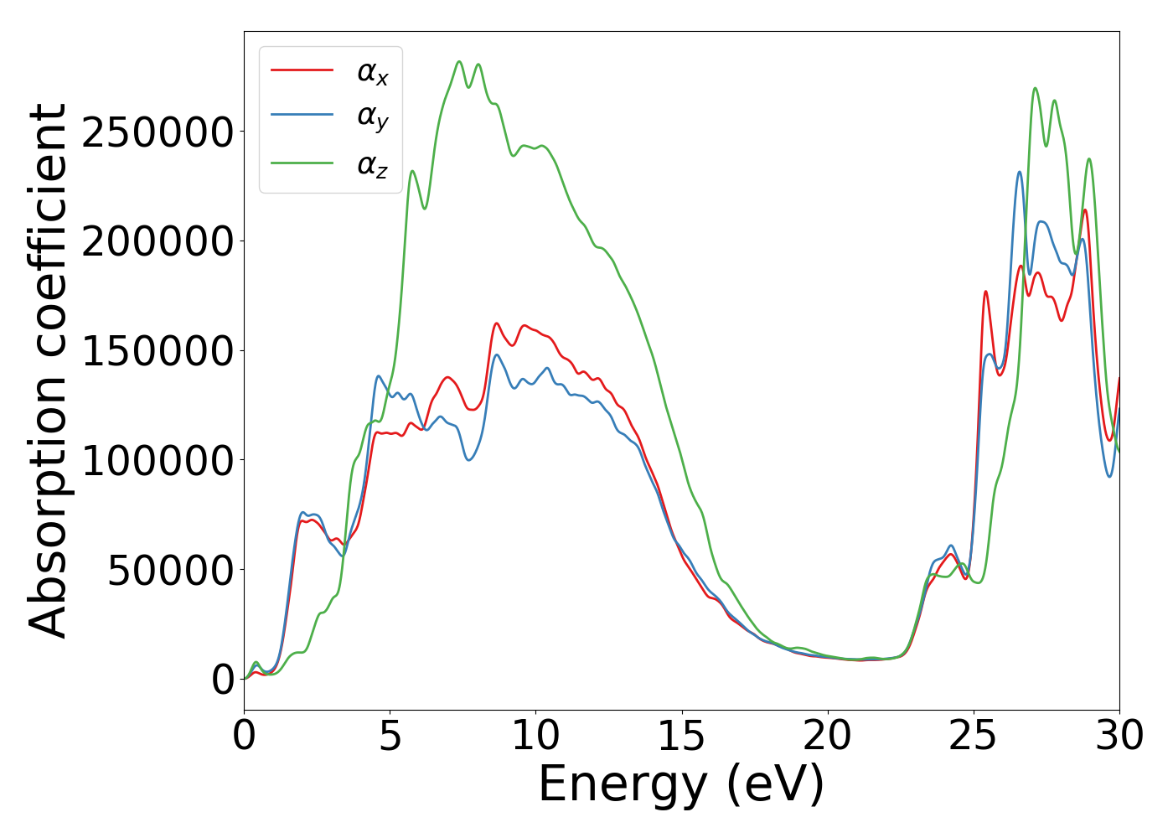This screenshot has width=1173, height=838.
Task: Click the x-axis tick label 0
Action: [244, 736]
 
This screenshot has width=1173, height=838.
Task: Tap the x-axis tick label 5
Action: [390, 736]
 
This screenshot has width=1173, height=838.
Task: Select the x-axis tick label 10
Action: [535, 736]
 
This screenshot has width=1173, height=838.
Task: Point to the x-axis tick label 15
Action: [681, 736]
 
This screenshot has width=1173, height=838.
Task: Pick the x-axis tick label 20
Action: [827, 736]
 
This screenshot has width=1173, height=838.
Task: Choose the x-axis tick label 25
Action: [974, 736]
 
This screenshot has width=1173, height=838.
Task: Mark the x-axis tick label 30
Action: [1119, 736]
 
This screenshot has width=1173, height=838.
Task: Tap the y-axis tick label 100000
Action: [158, 461]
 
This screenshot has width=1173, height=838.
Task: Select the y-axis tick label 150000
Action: [158, 351]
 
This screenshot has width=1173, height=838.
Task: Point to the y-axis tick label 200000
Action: [158, 241]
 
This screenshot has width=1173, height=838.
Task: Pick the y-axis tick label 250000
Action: [158, 132]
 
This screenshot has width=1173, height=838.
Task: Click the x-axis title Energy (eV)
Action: [681, 785]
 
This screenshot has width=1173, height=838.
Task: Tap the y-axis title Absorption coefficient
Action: [48, 371]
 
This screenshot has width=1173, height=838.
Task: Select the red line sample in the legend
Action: [302, 70]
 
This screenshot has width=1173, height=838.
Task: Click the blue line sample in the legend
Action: [302, 116]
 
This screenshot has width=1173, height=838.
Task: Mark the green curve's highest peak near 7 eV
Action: [459, 61]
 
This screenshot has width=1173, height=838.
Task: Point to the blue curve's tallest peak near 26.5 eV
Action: [1020, 172]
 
